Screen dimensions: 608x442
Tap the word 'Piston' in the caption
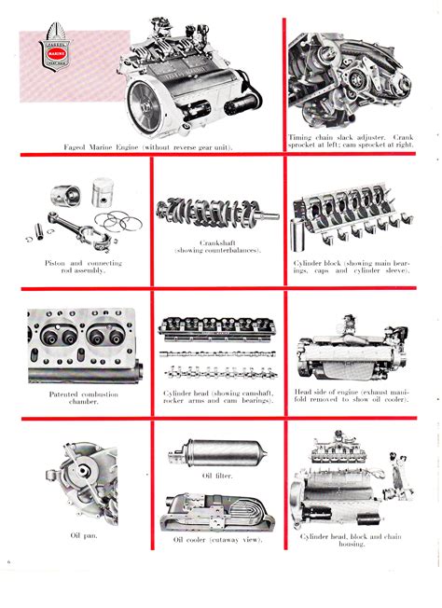tap(56, 263)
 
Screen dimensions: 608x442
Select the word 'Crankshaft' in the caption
tap(217, 244)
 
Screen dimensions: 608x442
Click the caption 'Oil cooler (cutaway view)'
tap(217, 539)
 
